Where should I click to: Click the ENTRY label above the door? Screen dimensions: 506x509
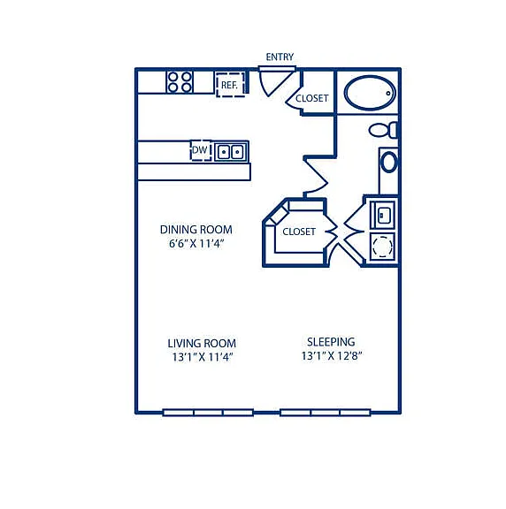pyautogui.click(x=280, y=57)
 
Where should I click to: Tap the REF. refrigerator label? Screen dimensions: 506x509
pyautogui.click(x=229, y=85)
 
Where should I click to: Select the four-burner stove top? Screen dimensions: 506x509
pyautogui.click(x=180, y=82)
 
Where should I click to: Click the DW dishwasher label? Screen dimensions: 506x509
pyautogui.click(x=200, y=150)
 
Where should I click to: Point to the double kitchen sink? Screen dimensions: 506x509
pyautogui.click(x=230, y=152)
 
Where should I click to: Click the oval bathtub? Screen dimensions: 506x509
pyautogui.click(x=370, y=93)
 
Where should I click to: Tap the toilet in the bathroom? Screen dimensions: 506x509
pyautogui.click(x=383, y=130)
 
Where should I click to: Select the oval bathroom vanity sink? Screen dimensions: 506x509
pyautogui.click(x=388, y=162)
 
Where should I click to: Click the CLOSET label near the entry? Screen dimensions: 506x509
pyautogui.click(x=312, y=98)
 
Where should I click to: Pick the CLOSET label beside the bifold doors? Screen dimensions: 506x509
pyautogui.click(x=299, y=232)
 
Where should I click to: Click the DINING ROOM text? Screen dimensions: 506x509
pyautogui.click(x=196, y=230)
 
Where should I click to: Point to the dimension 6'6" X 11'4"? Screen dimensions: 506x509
pyautogui.click(x=196, y=244)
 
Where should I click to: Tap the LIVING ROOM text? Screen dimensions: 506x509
pyautogui.click(x=202, y=344)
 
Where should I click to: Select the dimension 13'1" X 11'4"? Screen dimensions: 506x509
pyautogui.click(x=203, y=357)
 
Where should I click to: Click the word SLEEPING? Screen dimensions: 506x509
pyautogui.click(x=331, y=342)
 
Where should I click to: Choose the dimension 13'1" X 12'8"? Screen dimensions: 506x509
pyautogui.click(x=332, y=356)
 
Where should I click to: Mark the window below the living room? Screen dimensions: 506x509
pyautogui.click(x=208, y=413)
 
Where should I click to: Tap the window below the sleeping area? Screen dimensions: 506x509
pyautogui.click(x=326, y=413)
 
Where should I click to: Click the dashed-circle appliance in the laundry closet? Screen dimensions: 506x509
pyautogui.click(x=382, y=247)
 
